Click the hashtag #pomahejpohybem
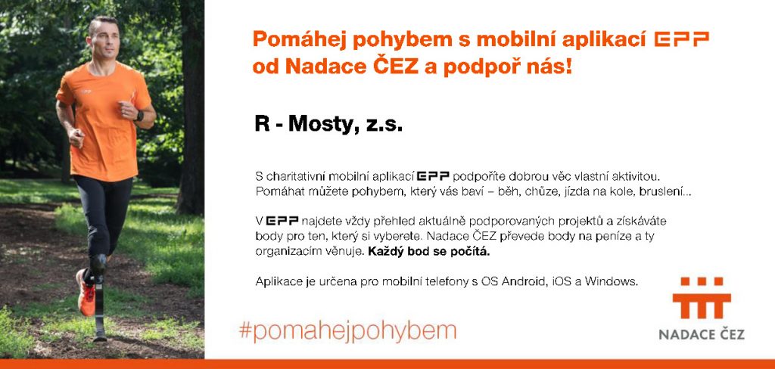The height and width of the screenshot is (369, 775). (x=347, y=331)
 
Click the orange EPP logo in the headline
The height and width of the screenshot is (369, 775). (x=682, y=39)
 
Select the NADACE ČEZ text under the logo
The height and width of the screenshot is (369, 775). (x=702, y=334)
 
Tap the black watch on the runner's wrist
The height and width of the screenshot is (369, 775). (x=139, y=116)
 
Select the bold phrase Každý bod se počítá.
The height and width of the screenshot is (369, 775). (x=429, y=251)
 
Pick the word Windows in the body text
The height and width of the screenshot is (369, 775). (x=612, y=281)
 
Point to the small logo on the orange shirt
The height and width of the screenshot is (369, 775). (x=86, y=91)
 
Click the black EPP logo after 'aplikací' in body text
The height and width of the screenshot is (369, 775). (x=433, y=176)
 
